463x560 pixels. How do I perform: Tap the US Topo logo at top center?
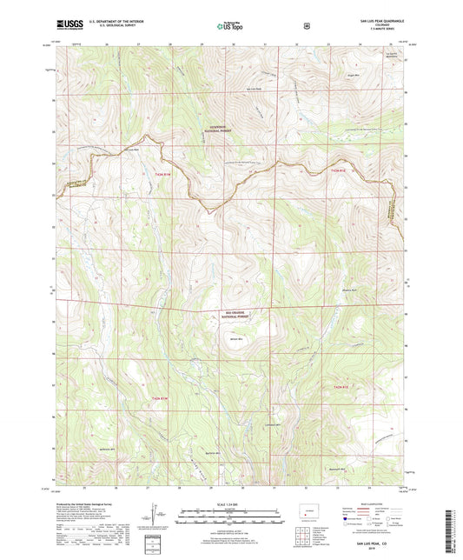pos(231,26)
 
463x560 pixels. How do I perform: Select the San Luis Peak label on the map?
pos(253,89)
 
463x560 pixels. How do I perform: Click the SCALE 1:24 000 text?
pos(231,504)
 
